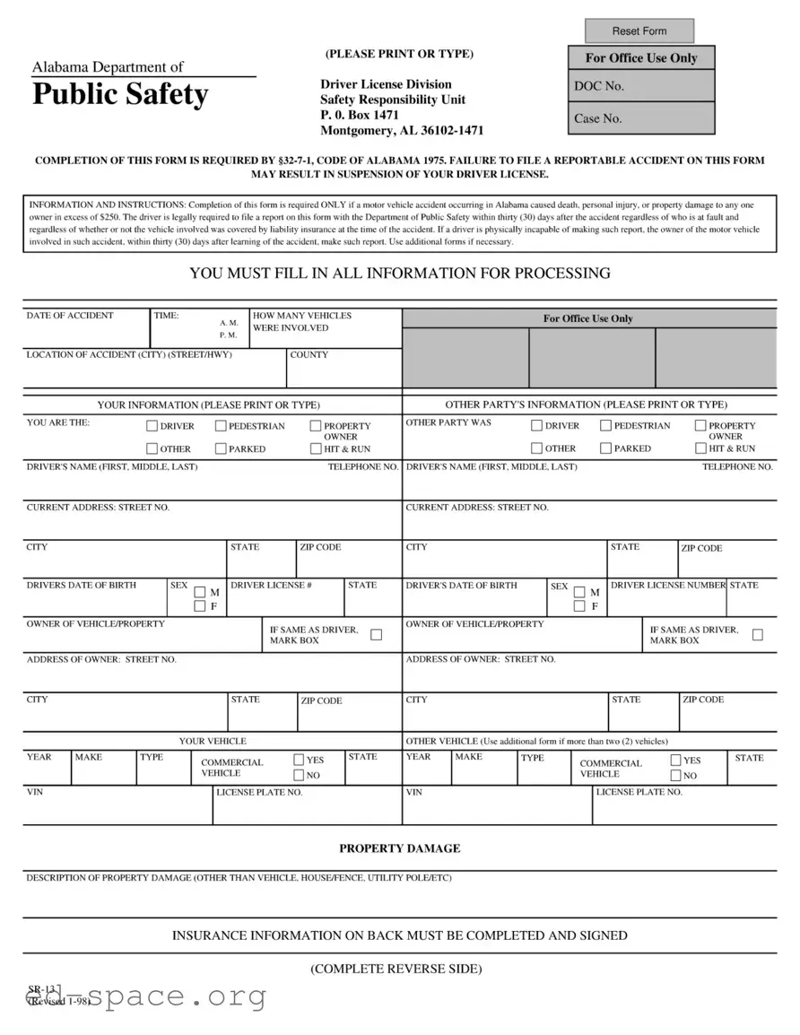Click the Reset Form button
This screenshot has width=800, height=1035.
(639, 31)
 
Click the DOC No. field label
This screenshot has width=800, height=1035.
(599, 86)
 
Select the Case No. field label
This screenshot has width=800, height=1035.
(598, 118)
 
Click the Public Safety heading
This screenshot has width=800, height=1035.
(120, 94)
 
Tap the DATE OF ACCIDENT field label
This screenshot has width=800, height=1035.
(70, 316)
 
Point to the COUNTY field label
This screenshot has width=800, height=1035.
(309, 355)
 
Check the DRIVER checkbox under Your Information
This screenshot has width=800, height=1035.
(152, 426)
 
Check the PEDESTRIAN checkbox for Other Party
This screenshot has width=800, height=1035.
(605, 426)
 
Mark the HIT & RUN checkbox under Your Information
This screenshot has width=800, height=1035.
(316, 448)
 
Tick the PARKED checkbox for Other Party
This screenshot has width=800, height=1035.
(605, 448)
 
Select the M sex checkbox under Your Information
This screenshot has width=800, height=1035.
(199, 592)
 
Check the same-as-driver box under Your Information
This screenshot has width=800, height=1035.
(376, 635)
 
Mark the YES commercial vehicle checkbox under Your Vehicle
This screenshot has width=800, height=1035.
(299, 760)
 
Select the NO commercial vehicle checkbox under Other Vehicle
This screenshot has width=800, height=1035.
(675, 776)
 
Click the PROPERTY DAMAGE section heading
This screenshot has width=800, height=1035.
(399, 848)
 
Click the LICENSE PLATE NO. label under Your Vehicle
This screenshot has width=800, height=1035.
(259, 793)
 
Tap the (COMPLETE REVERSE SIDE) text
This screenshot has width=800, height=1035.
(396, 970)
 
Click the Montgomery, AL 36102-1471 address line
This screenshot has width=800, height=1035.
(402, 130)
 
